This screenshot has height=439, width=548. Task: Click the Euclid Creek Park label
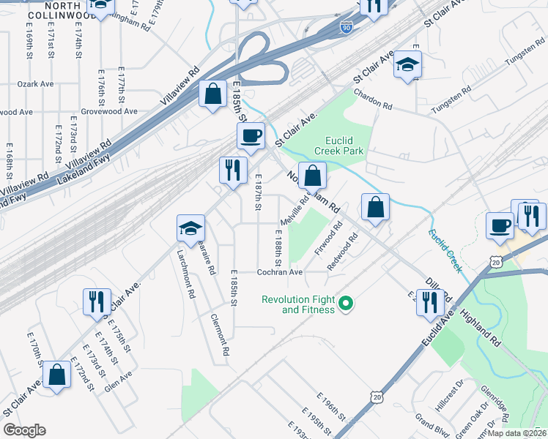[338, 145]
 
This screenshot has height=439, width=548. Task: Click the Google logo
[25, 430]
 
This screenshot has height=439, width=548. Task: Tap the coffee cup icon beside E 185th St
[251, 135]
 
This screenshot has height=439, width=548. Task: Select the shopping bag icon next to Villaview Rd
[212, 94]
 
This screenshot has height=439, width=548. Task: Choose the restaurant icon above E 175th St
[96, 301]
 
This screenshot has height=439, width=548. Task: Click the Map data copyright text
[516, 433]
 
